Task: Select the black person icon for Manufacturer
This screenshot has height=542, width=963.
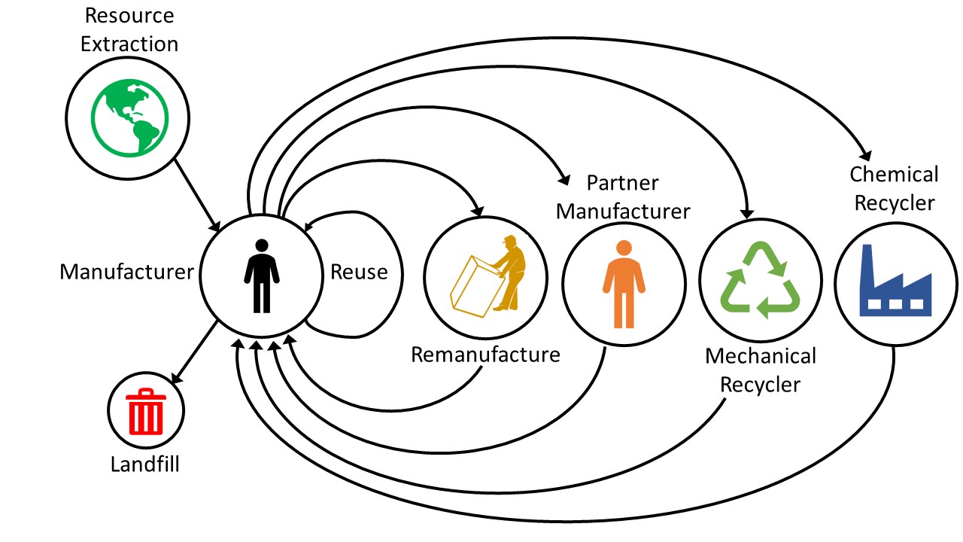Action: tap(261, 276)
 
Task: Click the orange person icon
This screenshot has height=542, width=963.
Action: tap(624, 284)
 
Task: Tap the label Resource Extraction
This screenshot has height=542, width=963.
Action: tap(129, 29)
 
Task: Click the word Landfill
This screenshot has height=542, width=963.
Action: tap(145, 463)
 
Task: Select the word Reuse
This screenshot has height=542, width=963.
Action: tap(359, 271)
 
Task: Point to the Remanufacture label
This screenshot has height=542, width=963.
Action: tap(485, 354)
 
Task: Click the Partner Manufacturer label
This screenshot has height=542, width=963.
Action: tap(623, 197)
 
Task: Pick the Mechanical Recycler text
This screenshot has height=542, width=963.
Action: tap(760, 370)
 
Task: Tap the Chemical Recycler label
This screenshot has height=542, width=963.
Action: tap(894, 188)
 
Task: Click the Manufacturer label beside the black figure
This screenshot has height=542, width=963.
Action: tap(127, 271)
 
